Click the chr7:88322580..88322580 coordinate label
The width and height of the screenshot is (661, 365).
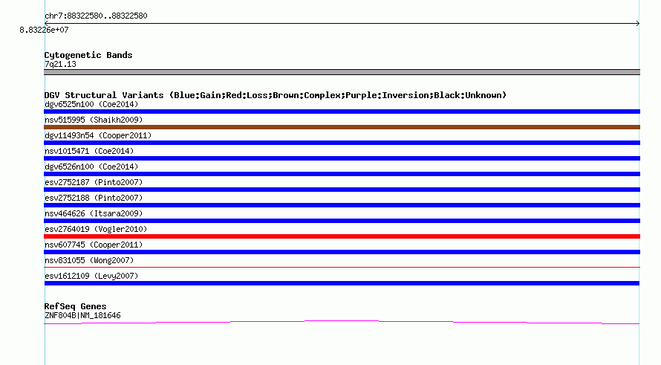click(96, 16)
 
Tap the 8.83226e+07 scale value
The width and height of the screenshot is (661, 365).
click(44, 30)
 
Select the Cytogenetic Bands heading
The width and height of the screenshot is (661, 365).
click(88, 55)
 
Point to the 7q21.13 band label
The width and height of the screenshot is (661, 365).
click(60, 64)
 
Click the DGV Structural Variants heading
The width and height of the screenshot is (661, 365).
click(276, 95)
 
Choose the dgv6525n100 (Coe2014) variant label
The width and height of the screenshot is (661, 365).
click(91, 104)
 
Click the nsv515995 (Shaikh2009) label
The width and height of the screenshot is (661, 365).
click(94, 120)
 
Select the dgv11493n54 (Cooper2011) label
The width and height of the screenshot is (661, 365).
click(98, 135)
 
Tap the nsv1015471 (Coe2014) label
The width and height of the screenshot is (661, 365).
click(89, 151)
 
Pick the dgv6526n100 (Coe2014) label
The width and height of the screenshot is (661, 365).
click(91, 167)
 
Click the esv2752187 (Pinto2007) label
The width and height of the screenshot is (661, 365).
click(94, 182)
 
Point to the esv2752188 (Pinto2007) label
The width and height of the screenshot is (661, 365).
click(94, 198)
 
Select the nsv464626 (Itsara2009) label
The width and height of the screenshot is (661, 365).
click(94, 213)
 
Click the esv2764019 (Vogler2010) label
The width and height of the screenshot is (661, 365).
click(96, 229)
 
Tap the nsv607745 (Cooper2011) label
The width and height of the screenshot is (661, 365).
click(94, 245)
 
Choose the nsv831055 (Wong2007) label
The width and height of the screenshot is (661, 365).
click(89, 260)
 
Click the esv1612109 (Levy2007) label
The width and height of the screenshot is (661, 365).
click(91, 276)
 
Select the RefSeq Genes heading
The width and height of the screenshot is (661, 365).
click(76, 306)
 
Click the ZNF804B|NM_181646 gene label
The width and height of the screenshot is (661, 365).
click(82, 316)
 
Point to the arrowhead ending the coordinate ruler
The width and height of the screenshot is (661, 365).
click(638, 24)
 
